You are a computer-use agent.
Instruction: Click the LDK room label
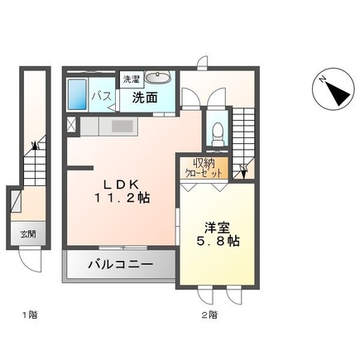click(121, 184)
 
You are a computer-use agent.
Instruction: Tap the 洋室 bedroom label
click(218, 228)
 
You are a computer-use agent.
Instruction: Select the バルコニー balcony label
click(121, 265)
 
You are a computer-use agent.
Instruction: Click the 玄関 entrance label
click(28, 234)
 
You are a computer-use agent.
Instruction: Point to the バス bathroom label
click(102, 97)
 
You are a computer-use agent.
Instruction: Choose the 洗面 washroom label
click(145, 98)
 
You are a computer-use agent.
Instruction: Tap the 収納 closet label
click(204, 163)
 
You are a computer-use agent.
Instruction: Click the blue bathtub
click(77, 94)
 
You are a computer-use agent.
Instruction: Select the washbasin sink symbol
click(157, 77)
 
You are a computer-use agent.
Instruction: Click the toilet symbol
click(218, 134)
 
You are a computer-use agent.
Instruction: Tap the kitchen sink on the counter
click(122, 127)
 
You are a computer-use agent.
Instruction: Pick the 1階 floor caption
click(30, 314)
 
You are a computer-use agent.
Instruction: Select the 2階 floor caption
click(209, 314)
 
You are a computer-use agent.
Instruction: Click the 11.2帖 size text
click(122, 198)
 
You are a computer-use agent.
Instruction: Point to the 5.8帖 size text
click(218, 242)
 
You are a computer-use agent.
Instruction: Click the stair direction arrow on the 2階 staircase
click(243, 172)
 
